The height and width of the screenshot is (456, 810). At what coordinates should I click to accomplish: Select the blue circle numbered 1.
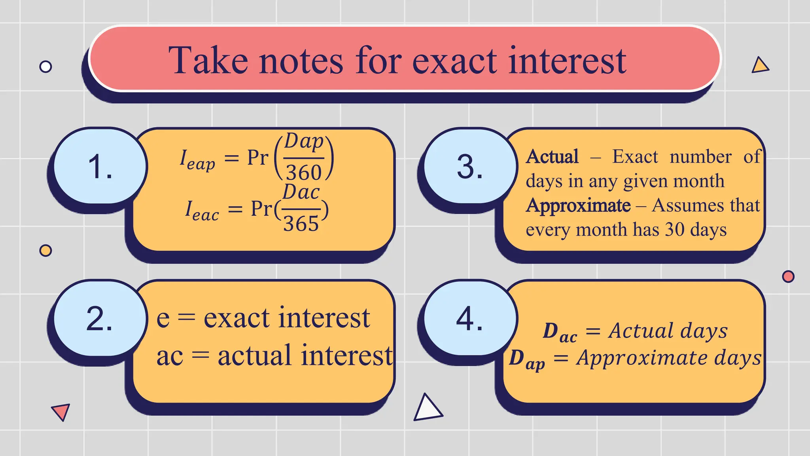pyautogui.click(x=100, y=166)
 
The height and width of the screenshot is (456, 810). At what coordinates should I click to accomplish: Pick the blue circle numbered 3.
pyautogui.click(x=469, y=166)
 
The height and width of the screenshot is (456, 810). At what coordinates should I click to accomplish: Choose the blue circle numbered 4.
pyautogui.click(x=469, y=318)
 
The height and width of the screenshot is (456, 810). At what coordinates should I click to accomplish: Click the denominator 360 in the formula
pyautogui.click(x=304, y=172)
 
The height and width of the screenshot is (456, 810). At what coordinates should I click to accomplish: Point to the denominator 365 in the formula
pyautogui.click(x=301, y=224)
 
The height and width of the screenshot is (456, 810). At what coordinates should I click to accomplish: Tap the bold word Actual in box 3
pyautogui.click(x=552, y=157)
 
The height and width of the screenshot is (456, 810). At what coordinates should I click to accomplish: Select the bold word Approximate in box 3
pyautogui.click(x=578, y=206)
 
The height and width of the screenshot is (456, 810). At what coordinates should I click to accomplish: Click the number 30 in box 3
pyautogui.click(x=674, y=230)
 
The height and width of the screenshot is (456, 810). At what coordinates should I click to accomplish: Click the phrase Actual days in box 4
pyautogui.click(x=668, y=331)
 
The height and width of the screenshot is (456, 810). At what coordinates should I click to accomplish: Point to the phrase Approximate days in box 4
pyautogui.click(x=668, y=358)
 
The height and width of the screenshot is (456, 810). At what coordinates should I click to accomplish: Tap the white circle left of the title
pyautogui.click(x=46, y=66)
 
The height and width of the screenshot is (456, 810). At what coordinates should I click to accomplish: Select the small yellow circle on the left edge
pyautogui.click(x=46, y=251)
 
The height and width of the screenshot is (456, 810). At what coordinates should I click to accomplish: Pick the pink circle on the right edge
pyautogui.click(x=788, y=276)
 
